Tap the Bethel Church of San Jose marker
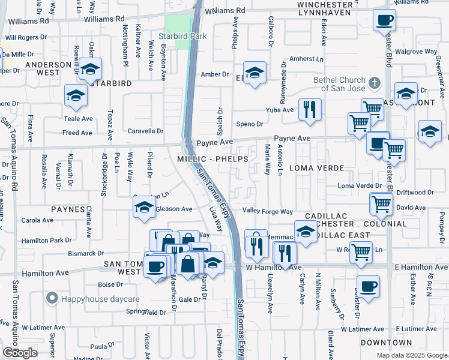(x=374, y=83)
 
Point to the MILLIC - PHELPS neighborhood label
(x=212, y=158)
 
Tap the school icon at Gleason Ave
(x=144, y=208)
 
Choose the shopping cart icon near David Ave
(x=381, y=205)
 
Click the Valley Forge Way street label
(x=267, y=211)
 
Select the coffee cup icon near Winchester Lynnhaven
(x=384, y=20)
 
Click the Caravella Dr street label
(x=145, y=131)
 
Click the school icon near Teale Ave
(x=76, y=95)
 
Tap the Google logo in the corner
(x=20, y=353)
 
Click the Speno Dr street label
(x=250, y=124)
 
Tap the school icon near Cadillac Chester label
(x=306, y=231)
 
